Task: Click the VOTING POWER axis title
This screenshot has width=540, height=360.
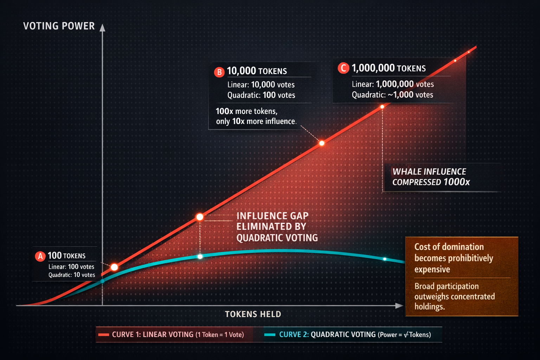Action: (x=59, y=26)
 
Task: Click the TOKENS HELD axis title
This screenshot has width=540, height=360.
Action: (x=253, y=314)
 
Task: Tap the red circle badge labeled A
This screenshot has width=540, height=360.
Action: (x=40, y=256)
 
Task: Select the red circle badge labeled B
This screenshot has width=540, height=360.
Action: (x=219, y=72)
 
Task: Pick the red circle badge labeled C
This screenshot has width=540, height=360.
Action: (x=343, y=68)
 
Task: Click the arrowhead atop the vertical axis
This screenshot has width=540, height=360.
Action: (x=102, y=28)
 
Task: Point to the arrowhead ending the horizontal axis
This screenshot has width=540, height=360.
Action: (x=399, y=306)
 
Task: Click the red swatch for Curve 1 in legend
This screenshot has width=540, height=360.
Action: (x=104, y=335)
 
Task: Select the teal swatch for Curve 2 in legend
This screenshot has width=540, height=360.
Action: (x=270, y=335)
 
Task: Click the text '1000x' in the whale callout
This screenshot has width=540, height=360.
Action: (x=457, y=182)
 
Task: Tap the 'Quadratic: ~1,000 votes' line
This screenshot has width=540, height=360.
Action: (x=392, y=95)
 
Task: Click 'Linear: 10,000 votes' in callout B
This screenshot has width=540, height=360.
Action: (x=261, y=85)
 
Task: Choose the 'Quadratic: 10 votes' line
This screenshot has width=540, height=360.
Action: (x=72, y=275)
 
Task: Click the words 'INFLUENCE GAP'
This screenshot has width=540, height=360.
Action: (x=272, y=216)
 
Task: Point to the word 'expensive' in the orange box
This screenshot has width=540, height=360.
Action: (x=432, y=270)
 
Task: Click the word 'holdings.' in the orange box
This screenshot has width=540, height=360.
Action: (x=430, y=307)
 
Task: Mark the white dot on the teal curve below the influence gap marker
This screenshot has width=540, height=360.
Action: (x=200, y=257)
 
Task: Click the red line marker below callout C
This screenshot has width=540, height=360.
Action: (x=382, y=107)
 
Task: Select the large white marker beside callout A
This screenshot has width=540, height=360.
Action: (x=114, y=267)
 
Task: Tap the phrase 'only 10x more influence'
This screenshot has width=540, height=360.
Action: (x=256, y=122)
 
